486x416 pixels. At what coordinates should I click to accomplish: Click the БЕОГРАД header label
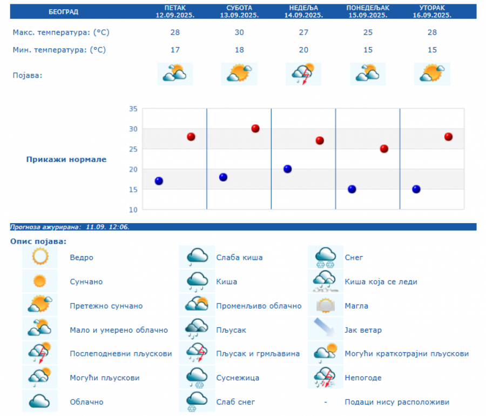point(63,11)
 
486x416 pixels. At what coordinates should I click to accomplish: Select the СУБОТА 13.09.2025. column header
point(239,11)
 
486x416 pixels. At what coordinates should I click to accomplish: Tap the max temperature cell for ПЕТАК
point(175,32)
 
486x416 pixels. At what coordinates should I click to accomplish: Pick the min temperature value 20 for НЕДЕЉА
point(303,50)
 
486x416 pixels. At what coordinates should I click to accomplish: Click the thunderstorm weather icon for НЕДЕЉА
point(303,74)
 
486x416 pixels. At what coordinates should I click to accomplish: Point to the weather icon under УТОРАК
point(432,74)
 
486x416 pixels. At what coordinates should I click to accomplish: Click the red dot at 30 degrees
point(255,129)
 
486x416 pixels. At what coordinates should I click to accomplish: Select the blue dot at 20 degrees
point(288,169)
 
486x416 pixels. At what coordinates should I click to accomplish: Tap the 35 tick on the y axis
point(133,109)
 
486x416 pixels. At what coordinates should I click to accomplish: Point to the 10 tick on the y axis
point(133,209)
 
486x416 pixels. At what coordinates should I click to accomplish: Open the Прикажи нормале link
point(66,159)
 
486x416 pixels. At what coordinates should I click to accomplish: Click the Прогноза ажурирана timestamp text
point(70,227)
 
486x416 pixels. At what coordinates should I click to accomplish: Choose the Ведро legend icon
point(40,257)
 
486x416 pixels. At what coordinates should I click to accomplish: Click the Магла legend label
point(356,306)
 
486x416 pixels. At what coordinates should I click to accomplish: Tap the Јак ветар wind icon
point(326,330)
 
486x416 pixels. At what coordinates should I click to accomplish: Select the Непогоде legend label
point(363,378)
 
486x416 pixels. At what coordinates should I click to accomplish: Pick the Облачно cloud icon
point(40,401)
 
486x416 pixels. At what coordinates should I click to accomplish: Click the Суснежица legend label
point(238,378)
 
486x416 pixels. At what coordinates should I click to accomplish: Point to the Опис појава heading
point(38,241)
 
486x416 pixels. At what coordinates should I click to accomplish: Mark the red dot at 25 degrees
point(384,149)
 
